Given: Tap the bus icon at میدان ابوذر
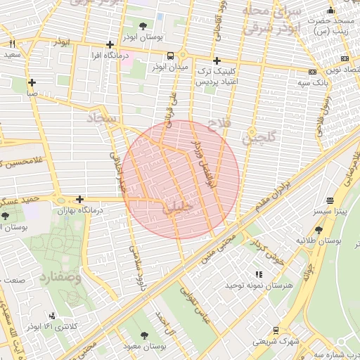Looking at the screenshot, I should click(x=171, y=56).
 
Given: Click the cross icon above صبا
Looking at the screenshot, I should click(x=32, y=82).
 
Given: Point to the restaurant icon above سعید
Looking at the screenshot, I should click(x=12, y=44).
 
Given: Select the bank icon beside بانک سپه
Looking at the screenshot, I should click(x=311, y=72).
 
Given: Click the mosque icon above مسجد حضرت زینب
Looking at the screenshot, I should click(x=330, y=11).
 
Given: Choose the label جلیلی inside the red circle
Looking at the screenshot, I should click(x=175, y=207).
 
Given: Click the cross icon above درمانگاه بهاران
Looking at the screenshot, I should click(x=79, y=200).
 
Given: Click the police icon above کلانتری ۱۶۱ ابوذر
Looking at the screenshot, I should click(x=52, y=316).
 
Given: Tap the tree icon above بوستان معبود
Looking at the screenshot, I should click(x=145, y=335).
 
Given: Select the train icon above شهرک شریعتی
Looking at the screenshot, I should click(x=276, y=330).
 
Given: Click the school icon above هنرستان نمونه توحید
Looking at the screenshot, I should click(x=258, y=274).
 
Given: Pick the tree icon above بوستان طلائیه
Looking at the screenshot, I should click(x=319, y=229).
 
